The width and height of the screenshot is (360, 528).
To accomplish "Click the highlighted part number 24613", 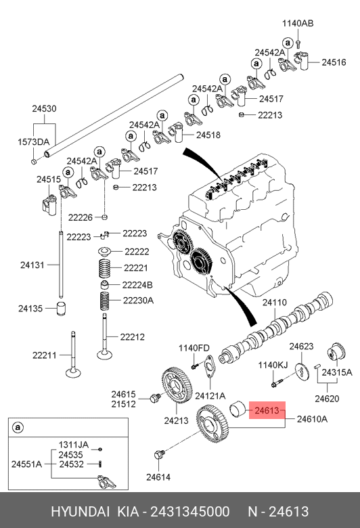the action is (267, 410).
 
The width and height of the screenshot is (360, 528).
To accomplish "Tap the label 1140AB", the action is (298, 23).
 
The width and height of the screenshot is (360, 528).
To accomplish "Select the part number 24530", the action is (44, 108).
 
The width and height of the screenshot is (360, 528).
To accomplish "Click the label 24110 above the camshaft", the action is (275, 303).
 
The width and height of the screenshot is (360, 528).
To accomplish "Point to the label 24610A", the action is (312, 419).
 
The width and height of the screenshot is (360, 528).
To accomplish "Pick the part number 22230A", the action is (138, 300).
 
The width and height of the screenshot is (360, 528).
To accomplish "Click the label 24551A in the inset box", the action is (26, 464).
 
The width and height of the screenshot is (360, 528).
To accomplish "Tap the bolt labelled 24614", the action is (159, 455).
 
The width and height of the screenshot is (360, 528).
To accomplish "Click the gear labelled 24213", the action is (177, 385).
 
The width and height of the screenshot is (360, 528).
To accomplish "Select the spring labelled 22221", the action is (105, 268).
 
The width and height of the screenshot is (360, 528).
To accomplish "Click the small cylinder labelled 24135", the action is (61, 309).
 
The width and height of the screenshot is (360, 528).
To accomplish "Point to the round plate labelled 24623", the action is (302, 372).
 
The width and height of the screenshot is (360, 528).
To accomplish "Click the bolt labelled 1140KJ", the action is (277, 383).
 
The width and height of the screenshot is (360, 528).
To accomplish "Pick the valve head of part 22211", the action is (73, 373).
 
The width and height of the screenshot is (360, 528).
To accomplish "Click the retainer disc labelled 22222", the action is (105, 252).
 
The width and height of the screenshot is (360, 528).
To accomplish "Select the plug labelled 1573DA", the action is (34, 162).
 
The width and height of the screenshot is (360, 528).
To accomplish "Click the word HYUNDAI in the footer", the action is (80, 511).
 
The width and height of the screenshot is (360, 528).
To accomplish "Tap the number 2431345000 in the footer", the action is (190, 511).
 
